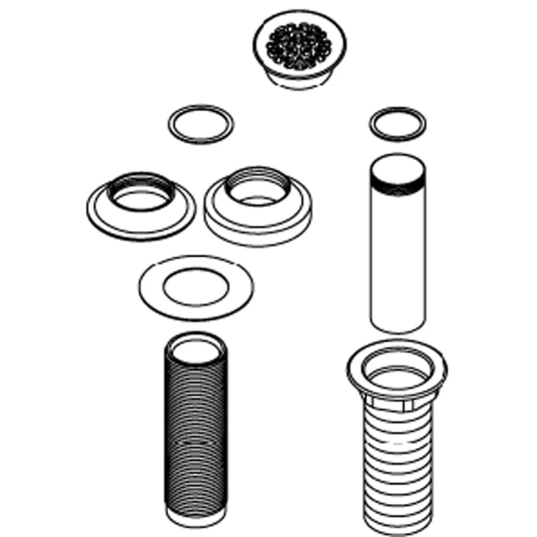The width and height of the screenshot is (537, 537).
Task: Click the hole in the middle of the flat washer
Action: [x=196, y=288]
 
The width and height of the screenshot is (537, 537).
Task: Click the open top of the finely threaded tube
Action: [x=196, y=349]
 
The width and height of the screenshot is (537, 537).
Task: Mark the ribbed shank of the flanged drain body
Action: [x=396, y=453]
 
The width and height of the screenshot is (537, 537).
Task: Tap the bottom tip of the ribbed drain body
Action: [x=396, y=507]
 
